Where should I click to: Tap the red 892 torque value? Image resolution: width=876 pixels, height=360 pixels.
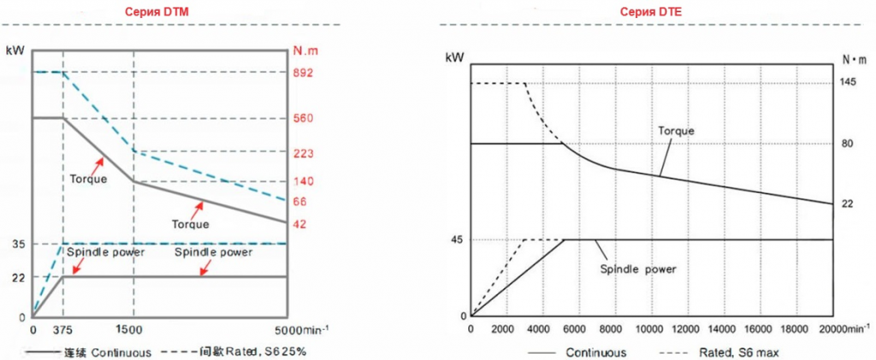303,73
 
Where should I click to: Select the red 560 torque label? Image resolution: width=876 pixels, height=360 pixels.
303,118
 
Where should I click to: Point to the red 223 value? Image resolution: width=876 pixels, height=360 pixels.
303,153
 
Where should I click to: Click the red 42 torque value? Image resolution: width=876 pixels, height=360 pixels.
299,223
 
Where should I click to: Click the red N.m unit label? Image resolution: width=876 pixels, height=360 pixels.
304,50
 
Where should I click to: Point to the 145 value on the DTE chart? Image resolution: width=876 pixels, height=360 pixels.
849,83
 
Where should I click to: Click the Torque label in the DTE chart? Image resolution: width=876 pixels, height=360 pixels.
676,132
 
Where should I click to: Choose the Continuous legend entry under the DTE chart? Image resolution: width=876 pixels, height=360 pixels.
595,351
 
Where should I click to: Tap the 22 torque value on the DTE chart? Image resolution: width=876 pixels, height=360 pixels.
849,204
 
